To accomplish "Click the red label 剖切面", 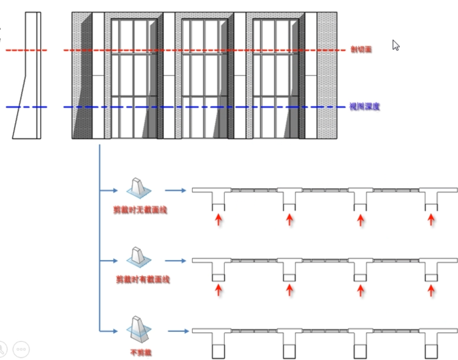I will click(361, 50).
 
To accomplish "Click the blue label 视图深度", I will click(364, 107).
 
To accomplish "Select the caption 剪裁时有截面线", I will click(143, 280).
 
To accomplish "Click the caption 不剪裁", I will click(140, 353).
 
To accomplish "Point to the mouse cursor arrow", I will click(396, 45).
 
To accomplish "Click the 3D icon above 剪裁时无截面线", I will click(138, 188).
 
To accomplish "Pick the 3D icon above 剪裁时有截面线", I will click(138, 257).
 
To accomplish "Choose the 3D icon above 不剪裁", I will click(138, 330).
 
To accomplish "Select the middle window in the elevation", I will click(205, 78).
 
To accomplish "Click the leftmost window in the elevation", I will click(134, 78).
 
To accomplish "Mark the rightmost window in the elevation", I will click(276, 78).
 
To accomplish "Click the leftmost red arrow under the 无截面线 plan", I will click(219, 220).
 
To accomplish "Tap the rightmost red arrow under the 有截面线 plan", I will click(431, 290).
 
